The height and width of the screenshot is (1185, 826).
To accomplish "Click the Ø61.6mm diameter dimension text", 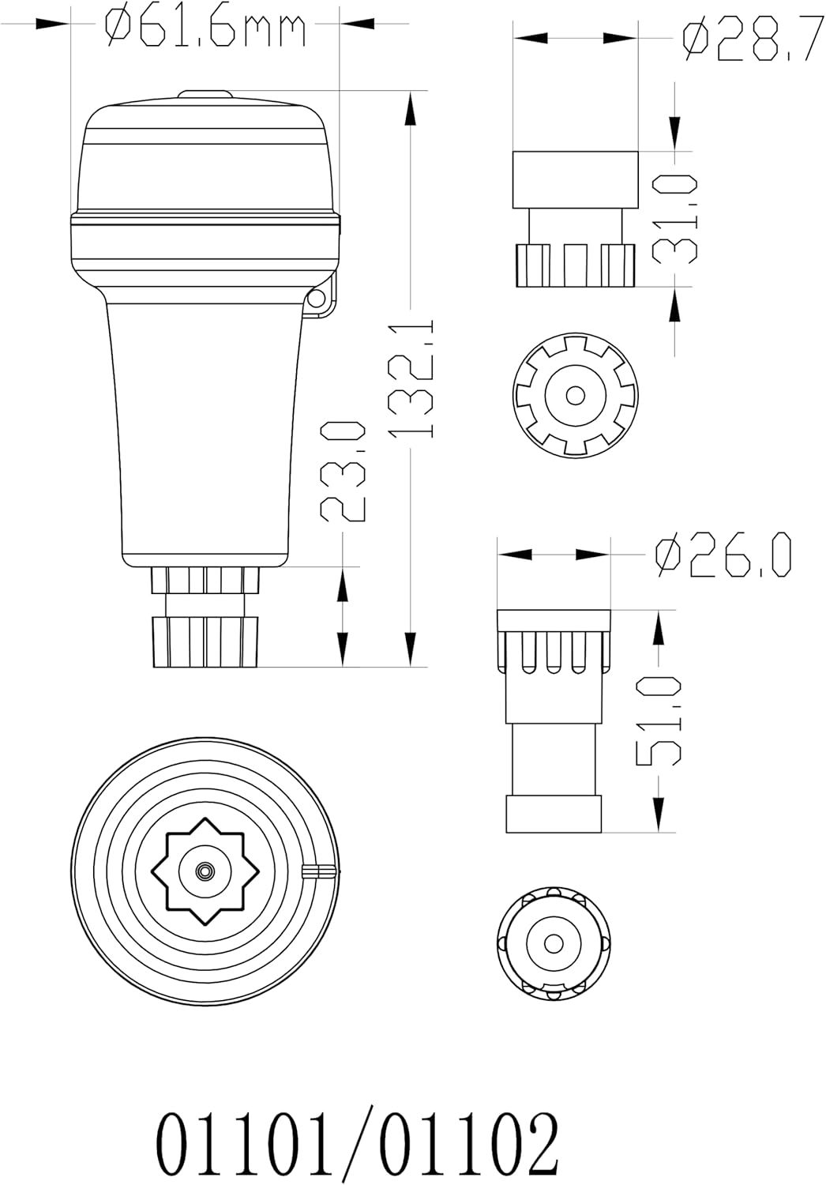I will [x=205, y=28].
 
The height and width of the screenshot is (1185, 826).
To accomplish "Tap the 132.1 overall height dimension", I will [x=411, y=379].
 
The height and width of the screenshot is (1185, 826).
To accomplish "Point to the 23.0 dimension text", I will [x=344, y=471].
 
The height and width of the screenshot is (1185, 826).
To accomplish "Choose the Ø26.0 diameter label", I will [x=723, y=556].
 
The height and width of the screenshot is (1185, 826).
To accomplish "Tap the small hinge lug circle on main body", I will [x=318, y=298].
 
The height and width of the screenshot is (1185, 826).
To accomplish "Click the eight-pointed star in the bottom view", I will [x=205, y=871].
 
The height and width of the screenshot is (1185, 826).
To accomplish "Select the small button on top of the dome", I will [x=205, y=95].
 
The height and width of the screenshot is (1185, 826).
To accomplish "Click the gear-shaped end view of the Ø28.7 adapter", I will [x=575, y=394].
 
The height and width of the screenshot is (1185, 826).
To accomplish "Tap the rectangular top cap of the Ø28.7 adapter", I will [x=575, y=179].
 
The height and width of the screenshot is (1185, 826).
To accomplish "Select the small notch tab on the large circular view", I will [x=321, y=871].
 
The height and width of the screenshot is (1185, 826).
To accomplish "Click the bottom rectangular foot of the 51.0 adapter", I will [x=554, y=814].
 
